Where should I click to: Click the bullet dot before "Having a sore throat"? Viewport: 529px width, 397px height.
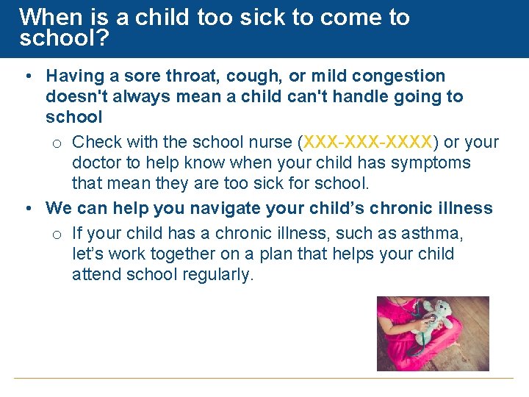pyautogui.click(x=27, y=76)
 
